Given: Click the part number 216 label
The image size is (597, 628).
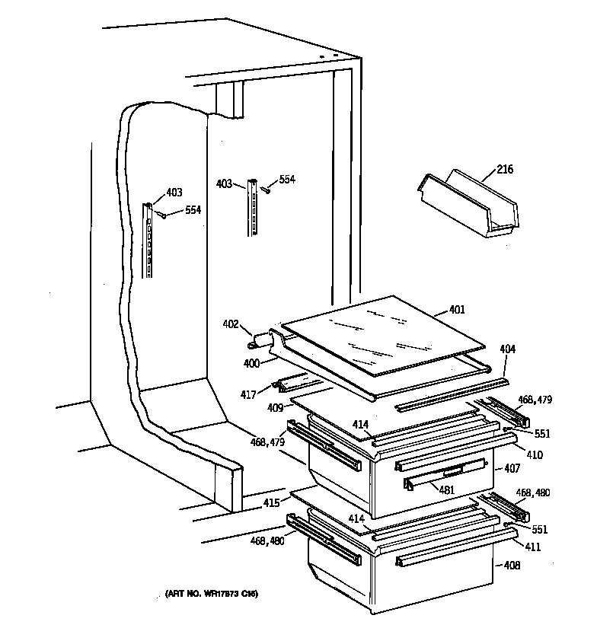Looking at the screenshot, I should [504, 169].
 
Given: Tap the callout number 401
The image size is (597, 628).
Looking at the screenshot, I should [457, 310].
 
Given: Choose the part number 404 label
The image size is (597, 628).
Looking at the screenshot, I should [508, 349].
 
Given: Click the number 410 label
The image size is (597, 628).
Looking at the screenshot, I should [535, 455].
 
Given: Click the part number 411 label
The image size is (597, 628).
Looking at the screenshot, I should [533, 546].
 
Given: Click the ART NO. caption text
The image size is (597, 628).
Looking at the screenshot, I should [212, 593].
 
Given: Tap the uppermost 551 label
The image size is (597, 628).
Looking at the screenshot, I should [542, 434].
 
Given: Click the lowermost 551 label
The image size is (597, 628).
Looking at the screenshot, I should [539, 530].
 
